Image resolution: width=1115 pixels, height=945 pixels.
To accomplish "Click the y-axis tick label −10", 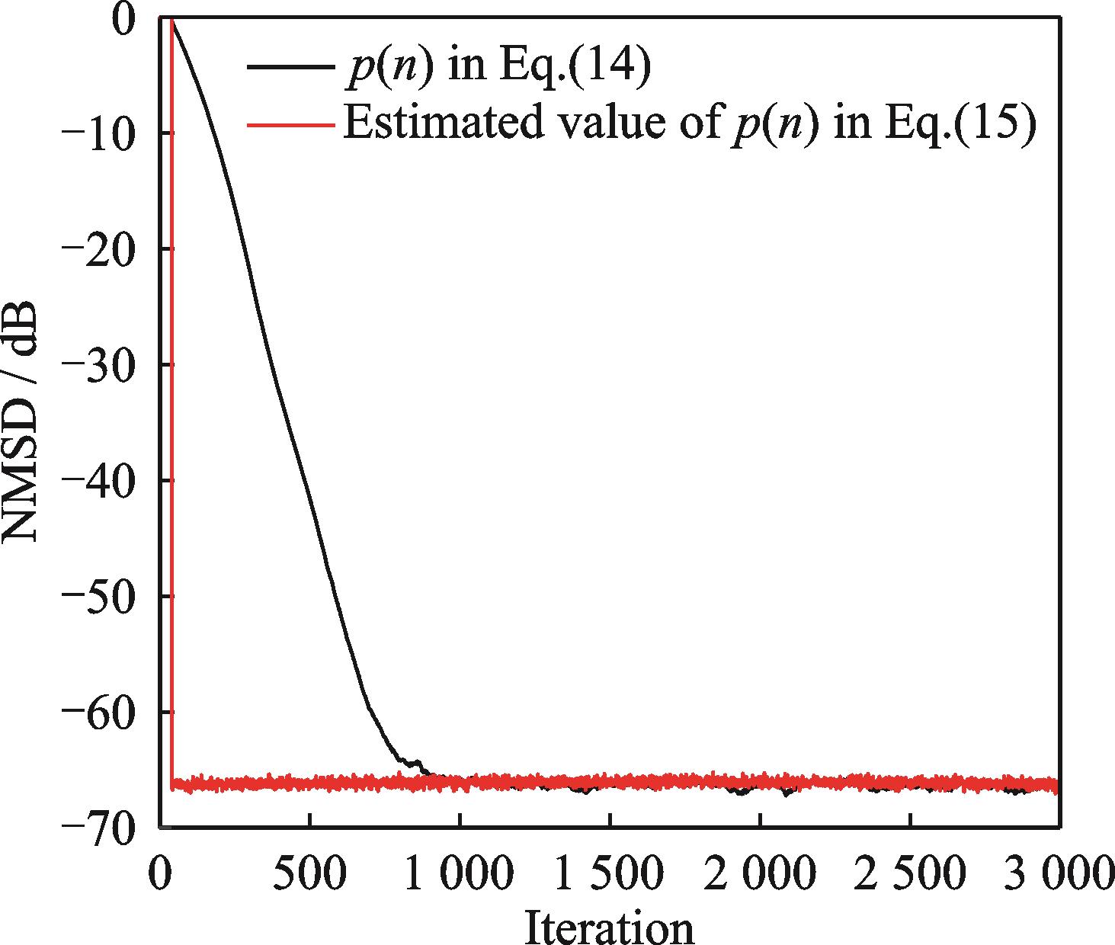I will pyautogui.click(x=106, y=133).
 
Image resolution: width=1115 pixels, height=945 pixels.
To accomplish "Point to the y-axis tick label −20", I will pyautogui.click(x=106, y=249).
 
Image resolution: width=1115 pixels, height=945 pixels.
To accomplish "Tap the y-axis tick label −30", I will pyautogui.click(x=106, y=364).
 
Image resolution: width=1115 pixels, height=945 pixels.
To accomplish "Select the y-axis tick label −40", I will pyautogui.click(x=106, y=480).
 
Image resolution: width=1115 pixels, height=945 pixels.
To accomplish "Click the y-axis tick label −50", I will pyautogui.click(x=106, y=596).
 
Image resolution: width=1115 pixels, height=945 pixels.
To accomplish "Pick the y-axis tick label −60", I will pyautogui.click(x=106, y=711).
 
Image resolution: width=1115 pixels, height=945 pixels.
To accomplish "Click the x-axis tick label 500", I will pyautogui.click(x=309, y=873).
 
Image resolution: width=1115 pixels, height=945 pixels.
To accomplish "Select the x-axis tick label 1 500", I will pyautogui.click(x=608, y=873).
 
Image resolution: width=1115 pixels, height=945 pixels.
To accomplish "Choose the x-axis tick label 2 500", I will pyautogui.click(x=908, y=873).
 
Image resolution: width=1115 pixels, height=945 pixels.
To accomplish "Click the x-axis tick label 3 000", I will pyautogui.click(x=1058, y=873).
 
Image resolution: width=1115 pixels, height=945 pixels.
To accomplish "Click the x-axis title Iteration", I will pyautogui.click(x=609, y=926).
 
